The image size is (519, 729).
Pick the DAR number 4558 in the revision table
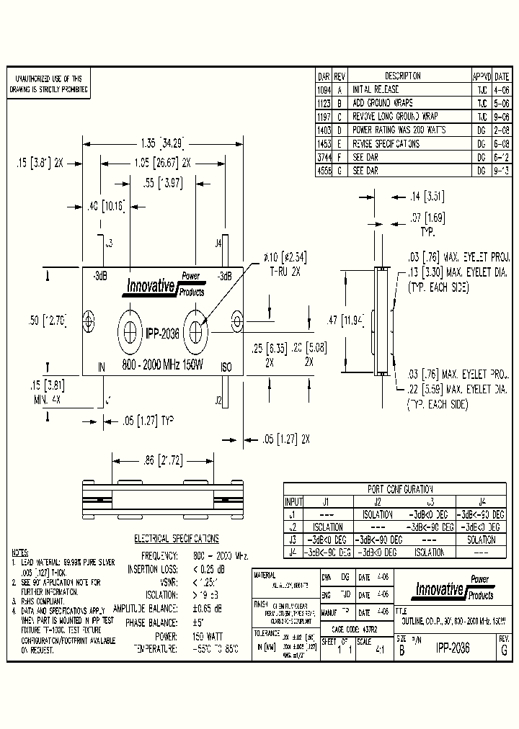tap(324, 171)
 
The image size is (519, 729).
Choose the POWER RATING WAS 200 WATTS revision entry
tap(398, 130)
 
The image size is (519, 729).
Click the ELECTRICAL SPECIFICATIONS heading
tap(177, 538)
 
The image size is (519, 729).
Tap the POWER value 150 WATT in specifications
tap(208, 635)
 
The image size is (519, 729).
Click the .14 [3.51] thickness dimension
tap(416, 195)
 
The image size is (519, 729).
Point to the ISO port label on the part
tap(226, 367)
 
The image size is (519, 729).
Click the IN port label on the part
tap(102, 367)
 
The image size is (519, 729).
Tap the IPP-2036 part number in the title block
tap(452, 648)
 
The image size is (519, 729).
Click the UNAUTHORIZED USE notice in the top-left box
tap(48, 84)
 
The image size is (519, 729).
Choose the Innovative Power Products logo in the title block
tap(453, 589)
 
